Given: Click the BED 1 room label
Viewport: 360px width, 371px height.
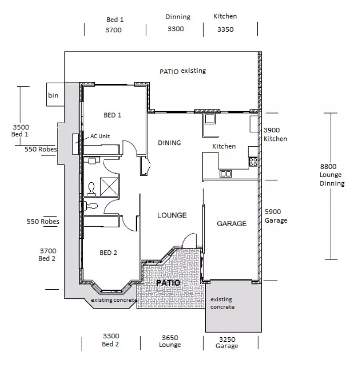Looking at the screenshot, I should click(x=112, y=115).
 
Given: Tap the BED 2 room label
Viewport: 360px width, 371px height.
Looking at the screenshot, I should click(x=108, y=253).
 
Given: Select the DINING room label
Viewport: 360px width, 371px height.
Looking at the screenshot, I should click(x=169, y=143).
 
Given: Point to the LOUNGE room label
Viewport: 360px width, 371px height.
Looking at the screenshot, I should click(x=172, y=215).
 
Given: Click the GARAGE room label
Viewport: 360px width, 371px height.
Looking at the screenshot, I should click(x=231, y=223).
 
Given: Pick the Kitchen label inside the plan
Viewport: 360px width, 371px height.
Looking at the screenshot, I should click(x=224, y=146).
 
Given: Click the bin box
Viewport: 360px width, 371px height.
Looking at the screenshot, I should click(x=53, y=95).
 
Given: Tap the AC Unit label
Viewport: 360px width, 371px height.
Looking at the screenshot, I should click(x=100, y=136).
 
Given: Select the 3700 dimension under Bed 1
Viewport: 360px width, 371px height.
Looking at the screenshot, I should click(x=113, y=30).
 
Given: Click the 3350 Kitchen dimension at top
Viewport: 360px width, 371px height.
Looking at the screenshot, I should click(x=225, y=29).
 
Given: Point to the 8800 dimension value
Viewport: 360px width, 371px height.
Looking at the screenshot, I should click(x=328, y=166).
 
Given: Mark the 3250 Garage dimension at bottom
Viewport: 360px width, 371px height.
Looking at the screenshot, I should click(x=226, y=338).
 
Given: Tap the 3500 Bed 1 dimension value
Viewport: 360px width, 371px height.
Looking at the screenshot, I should click(x=21, y=127).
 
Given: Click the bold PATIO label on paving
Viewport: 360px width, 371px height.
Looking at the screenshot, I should click(x=167, y=283).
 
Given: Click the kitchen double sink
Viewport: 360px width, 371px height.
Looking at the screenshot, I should click(x=225, y=174).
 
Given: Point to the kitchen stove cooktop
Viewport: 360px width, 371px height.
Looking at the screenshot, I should click(x=253, y=162).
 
